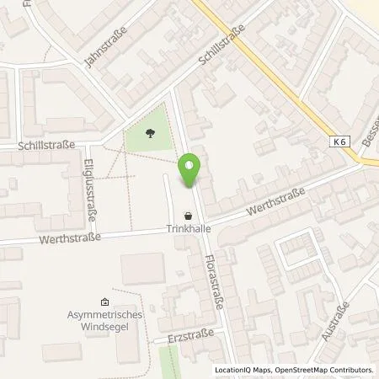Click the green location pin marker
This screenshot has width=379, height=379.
point(191,172)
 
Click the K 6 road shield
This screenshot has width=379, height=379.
point(340,143)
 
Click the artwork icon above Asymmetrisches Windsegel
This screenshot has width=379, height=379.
point(104,302)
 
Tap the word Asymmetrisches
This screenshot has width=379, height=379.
point(104,315)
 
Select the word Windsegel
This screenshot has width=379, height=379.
point(104,326)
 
